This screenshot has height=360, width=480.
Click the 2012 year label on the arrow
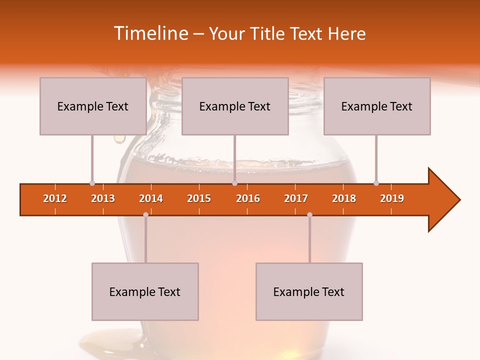click(x=55, y=198)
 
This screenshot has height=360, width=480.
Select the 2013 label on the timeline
click(x=103, y=198)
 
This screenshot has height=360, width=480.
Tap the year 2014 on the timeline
click(x=151, y=198)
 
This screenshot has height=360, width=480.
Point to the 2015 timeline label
click(x=199, y=198)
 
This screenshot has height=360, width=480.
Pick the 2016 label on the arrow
click(x=248, y=198)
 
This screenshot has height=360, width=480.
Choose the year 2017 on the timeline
click(x=296, y=198)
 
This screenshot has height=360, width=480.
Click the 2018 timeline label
click(x=344, y=198)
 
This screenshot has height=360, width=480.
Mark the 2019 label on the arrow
click(x=392, y=198)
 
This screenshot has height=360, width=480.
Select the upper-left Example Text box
click(x=93, y=106)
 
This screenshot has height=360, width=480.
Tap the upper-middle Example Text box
click(x=235, y=106)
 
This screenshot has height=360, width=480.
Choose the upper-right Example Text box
click(x=377, y=106)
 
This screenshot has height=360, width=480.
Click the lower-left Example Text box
click(x=145, y=291)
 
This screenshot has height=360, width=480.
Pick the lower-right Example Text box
click(x=309, y=291)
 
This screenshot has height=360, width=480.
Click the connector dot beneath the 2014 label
click(x=145, y=214)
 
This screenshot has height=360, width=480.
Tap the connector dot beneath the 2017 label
click(x=309, y=214)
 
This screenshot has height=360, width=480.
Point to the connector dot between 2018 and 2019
click(x=376, y=183)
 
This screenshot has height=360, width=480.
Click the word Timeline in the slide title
click(x=150, y=33)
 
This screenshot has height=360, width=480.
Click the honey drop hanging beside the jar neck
click(x=119, y=139)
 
